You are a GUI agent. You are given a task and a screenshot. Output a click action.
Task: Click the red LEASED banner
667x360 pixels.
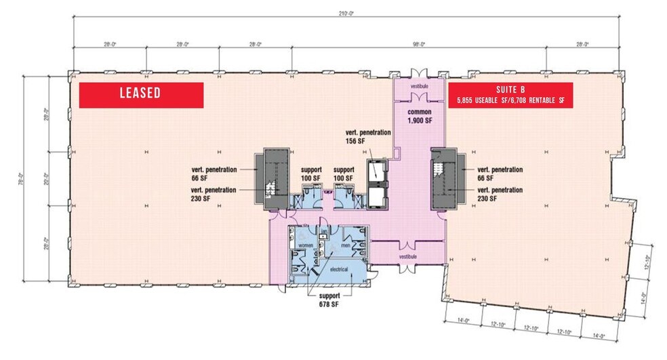[x=142, y=95]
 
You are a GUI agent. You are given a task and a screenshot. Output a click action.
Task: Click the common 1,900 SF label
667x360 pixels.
[x=420, y=115]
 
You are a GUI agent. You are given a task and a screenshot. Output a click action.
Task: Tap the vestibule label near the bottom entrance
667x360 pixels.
[x=407, y=257]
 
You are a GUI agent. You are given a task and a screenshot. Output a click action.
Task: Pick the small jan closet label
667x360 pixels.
[x=325, y=232]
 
